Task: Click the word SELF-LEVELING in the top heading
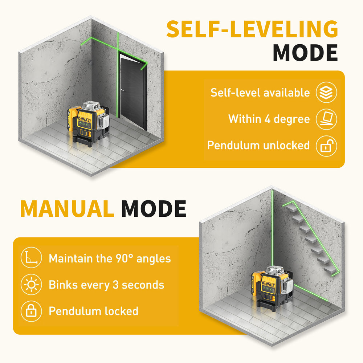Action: pyautogui.click(x=252, y=29)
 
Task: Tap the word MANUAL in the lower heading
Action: pyautogui.click(x=67, y=209)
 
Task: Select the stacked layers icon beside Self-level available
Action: pyautogui.click(x=326, y=92)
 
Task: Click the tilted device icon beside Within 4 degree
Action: pyautogui.click(x=326, y=119)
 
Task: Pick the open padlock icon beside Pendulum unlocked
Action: pyautogui.click(x=326, y=146)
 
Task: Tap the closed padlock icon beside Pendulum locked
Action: pyautogui.click(x=31, y=311)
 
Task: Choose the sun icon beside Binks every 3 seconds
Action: pyautogui.click(x=31, y=285)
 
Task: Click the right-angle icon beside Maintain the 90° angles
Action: pyautogui.click(x=31, y=257)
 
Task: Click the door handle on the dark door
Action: pyautogui.click(x=122, y=90)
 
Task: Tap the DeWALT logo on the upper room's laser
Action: pyautogui.click(x=85, y=119)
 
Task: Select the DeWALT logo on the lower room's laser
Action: pyautogui.click(x=268, y=284)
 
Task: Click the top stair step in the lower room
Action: pyautogui.click(x=292, y=208)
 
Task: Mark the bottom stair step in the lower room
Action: pyautogui.click(x=330, y=270)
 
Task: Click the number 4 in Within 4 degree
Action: pyautogui.click(x=268, y=119)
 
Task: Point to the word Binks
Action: pyautogui.click(x=63, y=285)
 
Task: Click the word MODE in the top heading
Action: pyautogui.click(x=305, y=53)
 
